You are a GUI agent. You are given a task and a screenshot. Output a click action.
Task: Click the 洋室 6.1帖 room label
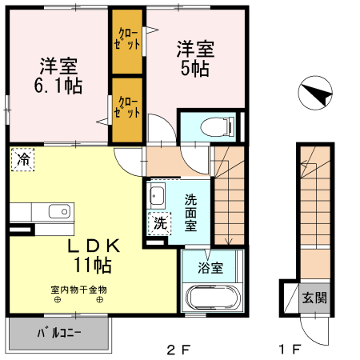(58, 74)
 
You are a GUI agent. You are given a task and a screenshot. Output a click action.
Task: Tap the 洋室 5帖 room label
(194, 58)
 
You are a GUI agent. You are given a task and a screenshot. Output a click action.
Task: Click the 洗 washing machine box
(159, 223)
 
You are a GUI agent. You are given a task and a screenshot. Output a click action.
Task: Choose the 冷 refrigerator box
(24, 159)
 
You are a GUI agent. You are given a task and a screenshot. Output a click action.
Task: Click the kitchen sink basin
(58, 212)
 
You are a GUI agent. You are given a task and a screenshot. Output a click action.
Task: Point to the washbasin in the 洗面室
(157, 197)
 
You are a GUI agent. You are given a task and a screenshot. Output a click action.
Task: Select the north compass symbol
(315, 95)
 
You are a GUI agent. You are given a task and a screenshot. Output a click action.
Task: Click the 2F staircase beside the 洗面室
(229, 200)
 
